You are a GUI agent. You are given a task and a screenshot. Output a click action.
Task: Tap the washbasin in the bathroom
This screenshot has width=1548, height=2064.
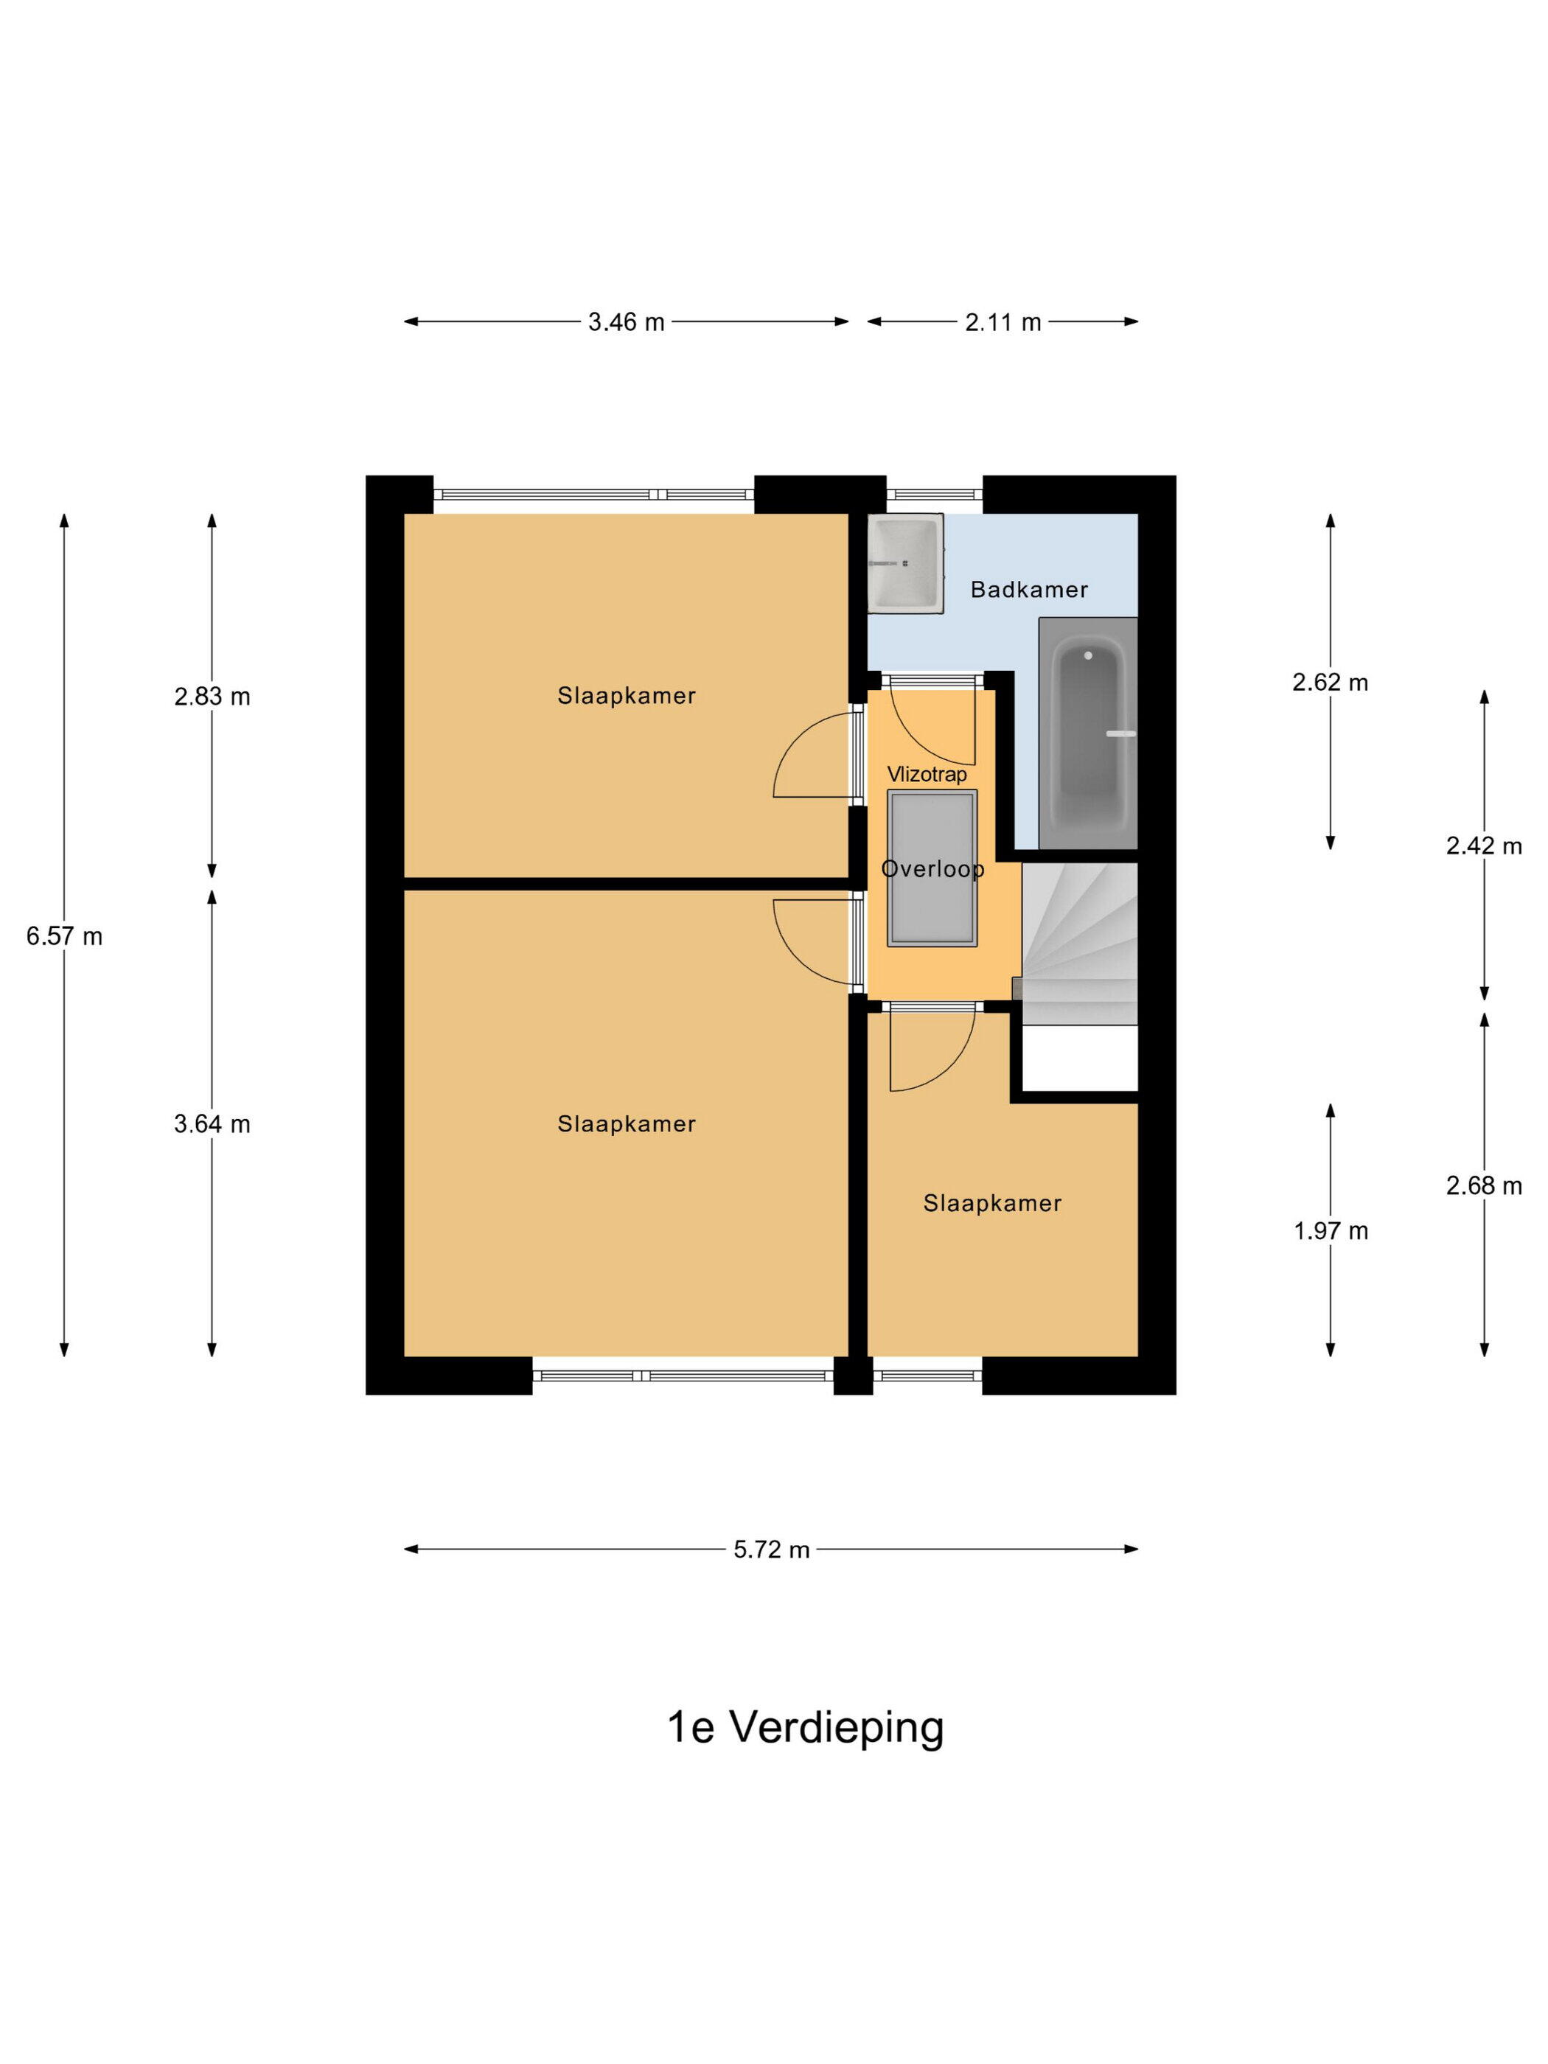(x=905, y=562)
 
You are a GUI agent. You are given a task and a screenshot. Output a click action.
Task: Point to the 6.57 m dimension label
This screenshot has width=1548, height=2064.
(x=64, y=936)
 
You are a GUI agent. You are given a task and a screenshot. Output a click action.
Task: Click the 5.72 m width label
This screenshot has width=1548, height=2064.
(x=771, y=1549)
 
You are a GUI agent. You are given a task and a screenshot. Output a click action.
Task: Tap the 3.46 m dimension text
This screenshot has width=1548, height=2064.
(x=626, y=322)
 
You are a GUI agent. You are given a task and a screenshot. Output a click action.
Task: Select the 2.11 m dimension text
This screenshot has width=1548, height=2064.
(x=1003, y=322)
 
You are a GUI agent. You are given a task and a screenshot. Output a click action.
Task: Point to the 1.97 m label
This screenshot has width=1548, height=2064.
(x=1331, y=1231)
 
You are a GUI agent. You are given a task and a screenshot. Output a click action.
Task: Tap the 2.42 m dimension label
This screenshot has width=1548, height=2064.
(x=1484, y=846)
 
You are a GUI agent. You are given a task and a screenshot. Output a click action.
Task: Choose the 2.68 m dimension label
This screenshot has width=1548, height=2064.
(x=1484, y=1185)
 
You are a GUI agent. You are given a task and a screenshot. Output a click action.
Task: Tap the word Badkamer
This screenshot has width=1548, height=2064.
(x=1029, y=590)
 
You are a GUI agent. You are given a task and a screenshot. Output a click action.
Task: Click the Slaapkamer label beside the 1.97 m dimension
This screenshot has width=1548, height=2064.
(x=993, y=1204)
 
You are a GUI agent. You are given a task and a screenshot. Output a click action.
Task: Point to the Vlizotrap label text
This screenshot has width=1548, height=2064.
(x=927, y=775)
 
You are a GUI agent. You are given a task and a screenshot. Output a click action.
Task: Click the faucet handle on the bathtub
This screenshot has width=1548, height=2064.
(x=1120, y=733)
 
